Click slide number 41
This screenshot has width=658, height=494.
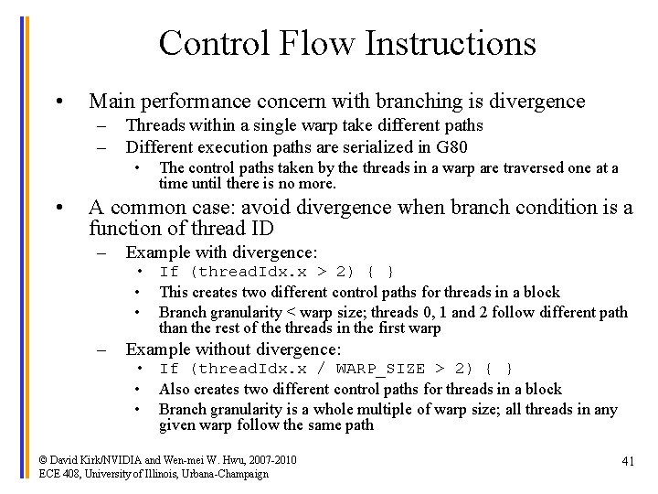627,462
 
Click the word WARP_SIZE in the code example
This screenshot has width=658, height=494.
380,369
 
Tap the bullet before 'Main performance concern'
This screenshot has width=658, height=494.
58,102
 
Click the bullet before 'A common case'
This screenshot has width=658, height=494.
58,208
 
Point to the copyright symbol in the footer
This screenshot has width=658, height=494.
44,459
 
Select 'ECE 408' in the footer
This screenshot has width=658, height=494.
59,474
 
